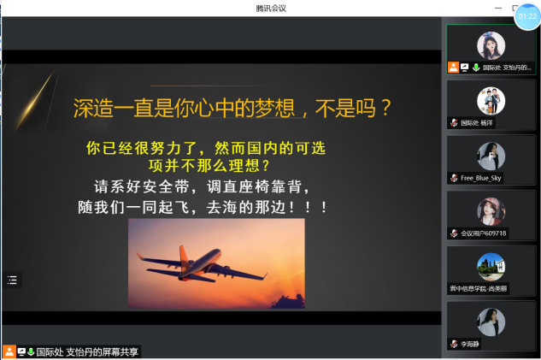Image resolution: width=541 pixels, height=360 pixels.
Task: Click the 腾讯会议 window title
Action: pos(270,8)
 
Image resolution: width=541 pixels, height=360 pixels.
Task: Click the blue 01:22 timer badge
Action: pos(526,15)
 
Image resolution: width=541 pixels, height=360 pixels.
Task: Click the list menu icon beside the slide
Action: pos(12,279)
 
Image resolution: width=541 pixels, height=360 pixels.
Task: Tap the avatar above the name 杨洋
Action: pos(491,100)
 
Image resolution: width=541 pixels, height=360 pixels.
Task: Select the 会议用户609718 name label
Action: pos(484,233)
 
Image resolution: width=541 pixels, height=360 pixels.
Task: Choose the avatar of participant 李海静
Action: pos(491,322)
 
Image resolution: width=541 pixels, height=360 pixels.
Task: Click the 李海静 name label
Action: pos(470,344)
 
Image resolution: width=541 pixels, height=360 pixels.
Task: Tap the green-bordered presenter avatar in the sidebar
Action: pos(491,45)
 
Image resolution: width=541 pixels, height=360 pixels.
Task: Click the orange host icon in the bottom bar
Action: pos(9,351)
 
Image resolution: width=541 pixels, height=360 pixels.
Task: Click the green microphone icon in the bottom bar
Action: pos(31,351)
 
